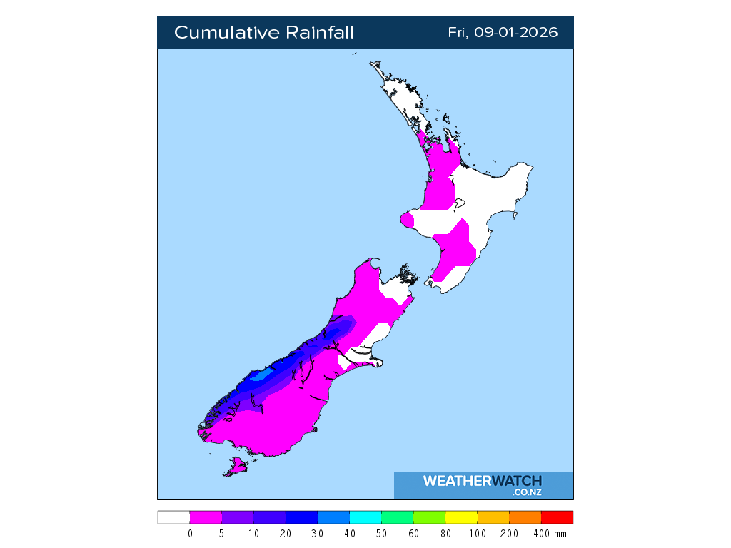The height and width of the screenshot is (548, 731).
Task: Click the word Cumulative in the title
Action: click(226, 33)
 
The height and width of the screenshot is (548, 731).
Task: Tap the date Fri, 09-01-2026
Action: click(503, 33)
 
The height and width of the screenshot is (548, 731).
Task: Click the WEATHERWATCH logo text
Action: click(483, 481)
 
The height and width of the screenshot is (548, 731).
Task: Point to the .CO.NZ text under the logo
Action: click(527, 492)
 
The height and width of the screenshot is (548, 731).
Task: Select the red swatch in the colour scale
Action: click(557, 517)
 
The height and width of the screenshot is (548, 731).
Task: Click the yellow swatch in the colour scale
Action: click(461, 517)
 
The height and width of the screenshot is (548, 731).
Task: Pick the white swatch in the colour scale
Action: click(173, 517)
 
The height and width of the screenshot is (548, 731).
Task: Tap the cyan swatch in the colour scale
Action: click(365, 517)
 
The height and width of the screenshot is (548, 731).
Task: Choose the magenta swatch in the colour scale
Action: click(206, 517)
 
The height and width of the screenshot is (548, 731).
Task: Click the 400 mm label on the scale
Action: click(549, 534)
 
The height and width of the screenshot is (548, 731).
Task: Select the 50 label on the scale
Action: click(381, 534)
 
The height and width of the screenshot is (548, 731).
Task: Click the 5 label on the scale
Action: click(222, 534)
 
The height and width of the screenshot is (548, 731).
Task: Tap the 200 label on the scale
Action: click(509, 534)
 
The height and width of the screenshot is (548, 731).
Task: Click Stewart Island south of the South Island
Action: click(236, 467)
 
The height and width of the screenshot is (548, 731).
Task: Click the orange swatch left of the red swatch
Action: click(525, 517)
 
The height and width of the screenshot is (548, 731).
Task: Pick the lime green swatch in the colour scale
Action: click(429, 517)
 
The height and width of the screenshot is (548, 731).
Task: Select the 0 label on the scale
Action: click(190, 534)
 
